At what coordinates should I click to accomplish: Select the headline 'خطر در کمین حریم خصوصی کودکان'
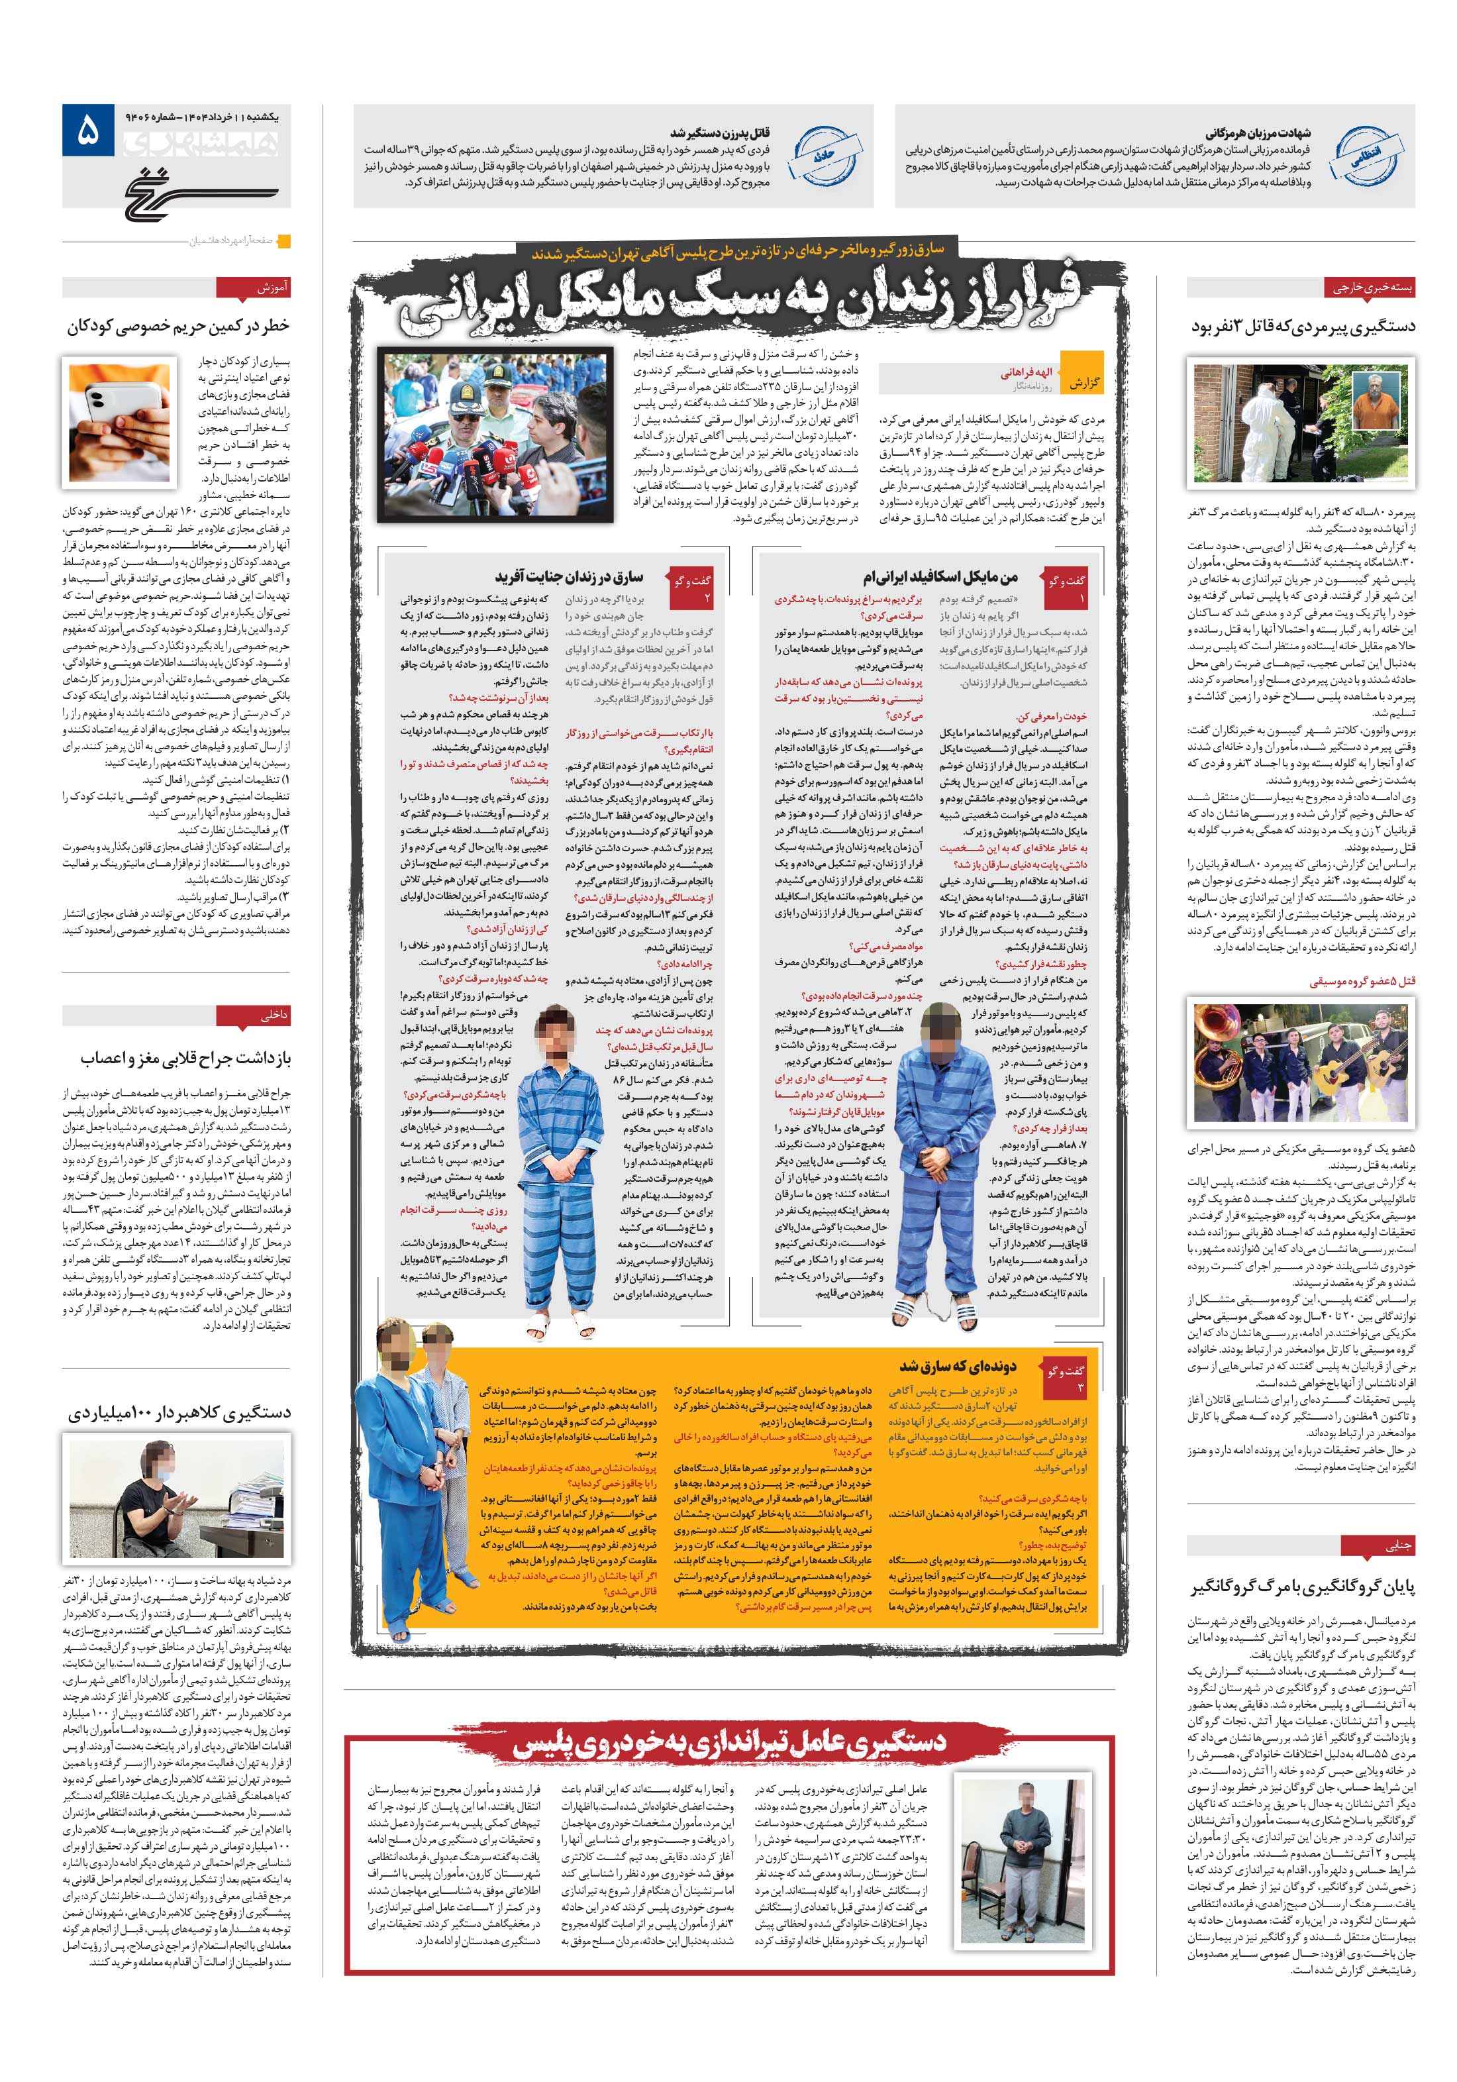(177, 327)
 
